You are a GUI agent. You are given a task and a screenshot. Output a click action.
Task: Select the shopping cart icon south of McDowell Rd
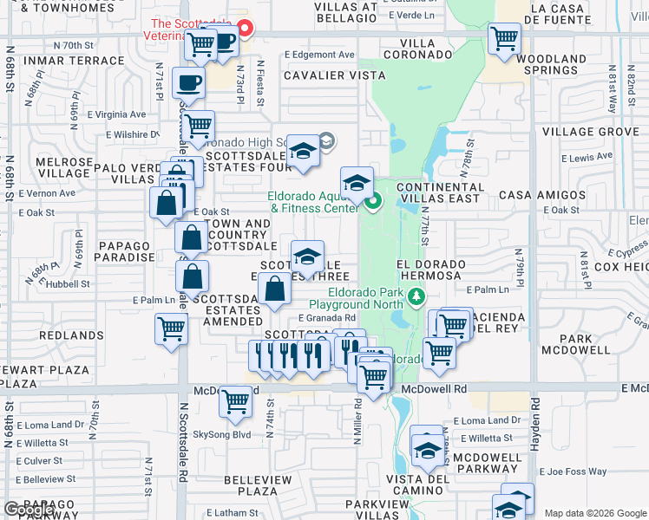[235, 401]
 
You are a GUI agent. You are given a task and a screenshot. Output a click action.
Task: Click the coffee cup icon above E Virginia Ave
[188, 84]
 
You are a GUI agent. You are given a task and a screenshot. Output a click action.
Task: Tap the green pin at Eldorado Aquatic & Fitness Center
[374, 204]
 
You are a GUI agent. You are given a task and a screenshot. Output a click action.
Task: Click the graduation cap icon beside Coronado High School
[304, 152]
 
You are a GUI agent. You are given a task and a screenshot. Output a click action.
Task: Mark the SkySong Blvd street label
[221, 434]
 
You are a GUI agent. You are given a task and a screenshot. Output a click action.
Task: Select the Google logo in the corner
[29, 510]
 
